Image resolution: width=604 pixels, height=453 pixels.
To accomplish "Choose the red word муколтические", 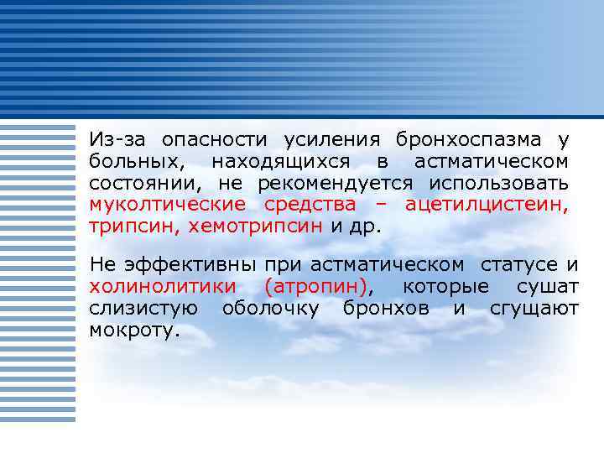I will (168, 205).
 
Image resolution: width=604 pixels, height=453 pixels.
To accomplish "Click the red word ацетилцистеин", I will (487, 205).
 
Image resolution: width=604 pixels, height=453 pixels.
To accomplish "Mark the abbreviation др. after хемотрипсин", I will (367, 226).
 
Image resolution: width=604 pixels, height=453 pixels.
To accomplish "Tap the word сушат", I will (547, 287).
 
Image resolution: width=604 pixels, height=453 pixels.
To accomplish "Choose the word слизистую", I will (143, 309).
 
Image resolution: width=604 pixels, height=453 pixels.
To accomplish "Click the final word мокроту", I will (134, 331).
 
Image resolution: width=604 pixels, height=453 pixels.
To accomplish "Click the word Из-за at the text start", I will (119, 139).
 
